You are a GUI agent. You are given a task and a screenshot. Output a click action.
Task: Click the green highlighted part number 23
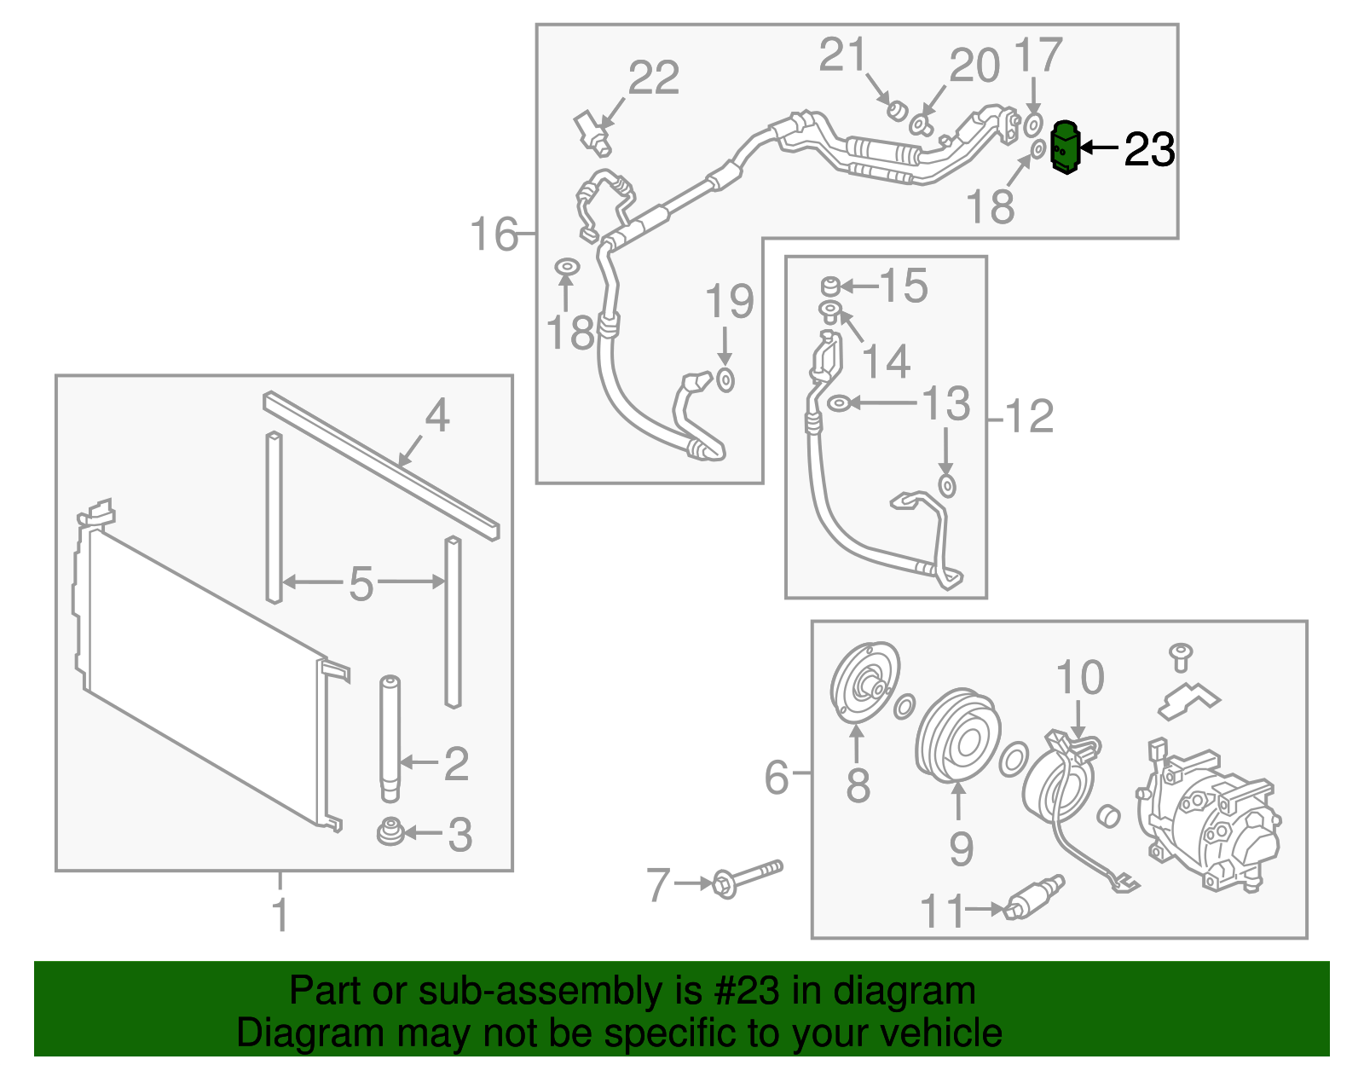[1065, 148]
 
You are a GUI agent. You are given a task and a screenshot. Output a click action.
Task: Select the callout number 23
[1149, 149]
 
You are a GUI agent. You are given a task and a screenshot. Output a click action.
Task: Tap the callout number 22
[654, 78]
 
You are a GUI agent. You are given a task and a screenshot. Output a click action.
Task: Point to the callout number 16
[494, 234]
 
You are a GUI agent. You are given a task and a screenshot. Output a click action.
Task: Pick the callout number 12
[1030, 417]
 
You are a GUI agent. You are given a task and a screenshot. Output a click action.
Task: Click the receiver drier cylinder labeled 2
[390, 738]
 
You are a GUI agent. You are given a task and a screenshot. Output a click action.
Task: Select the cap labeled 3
[390, 832]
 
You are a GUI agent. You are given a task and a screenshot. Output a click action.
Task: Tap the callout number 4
[436, 416]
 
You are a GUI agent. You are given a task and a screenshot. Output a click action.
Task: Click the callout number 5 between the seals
[361, 584]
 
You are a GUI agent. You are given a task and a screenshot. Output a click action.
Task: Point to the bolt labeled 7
[748, 878]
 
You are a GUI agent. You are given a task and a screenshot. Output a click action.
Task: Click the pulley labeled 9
[957, 739]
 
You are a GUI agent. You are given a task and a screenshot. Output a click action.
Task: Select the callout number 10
[1080, 678]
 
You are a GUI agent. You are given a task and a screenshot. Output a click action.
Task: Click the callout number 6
[776, 777]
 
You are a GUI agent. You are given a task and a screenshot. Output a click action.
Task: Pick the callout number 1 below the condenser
[280, 915]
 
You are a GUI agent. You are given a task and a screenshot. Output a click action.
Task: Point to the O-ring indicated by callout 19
[725, 379]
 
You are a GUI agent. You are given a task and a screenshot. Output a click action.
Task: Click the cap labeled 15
[830, 286]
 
